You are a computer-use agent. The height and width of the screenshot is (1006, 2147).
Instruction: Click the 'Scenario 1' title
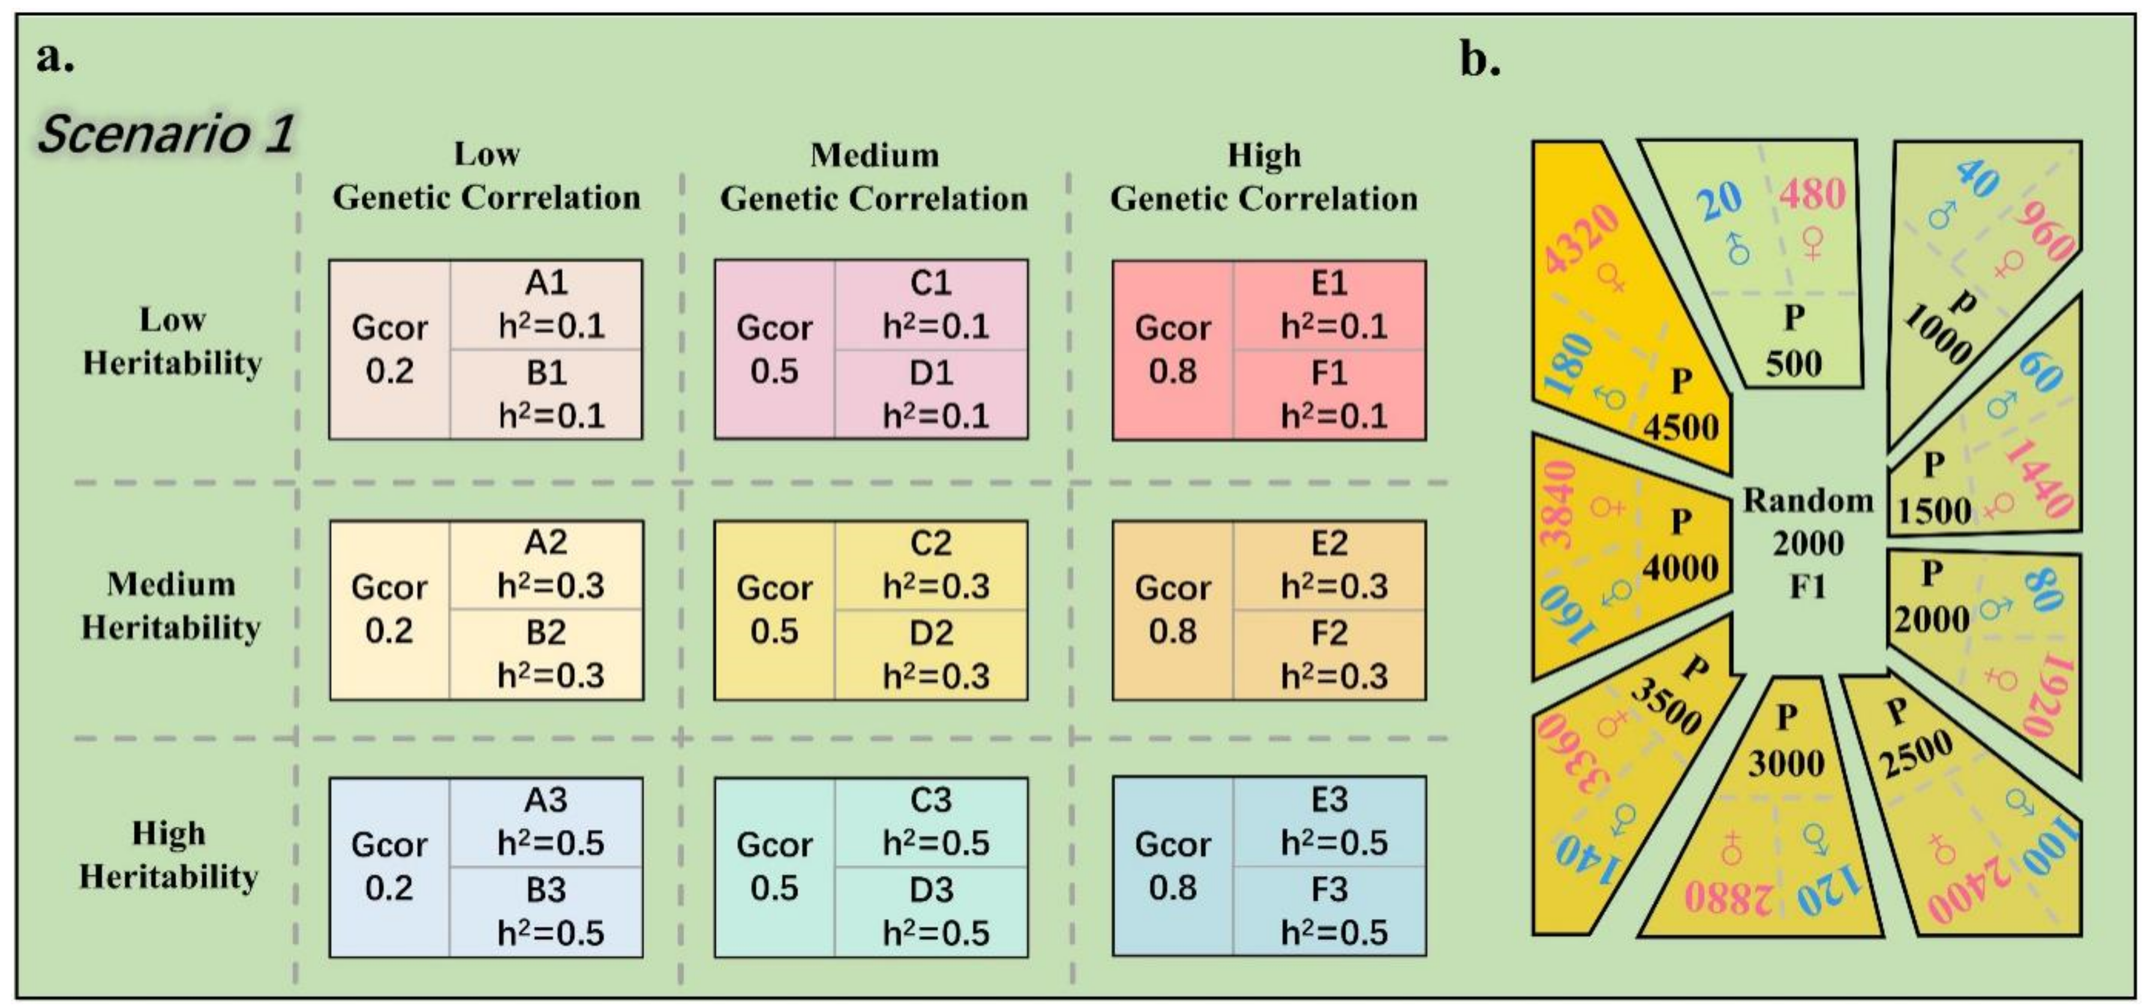click(165, 133)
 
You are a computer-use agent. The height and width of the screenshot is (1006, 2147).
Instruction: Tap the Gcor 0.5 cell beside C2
click(774, 609)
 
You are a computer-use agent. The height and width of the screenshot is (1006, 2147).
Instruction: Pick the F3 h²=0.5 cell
click(1330, 911)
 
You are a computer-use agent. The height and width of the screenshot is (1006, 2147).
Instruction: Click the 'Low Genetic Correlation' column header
click(487, 176)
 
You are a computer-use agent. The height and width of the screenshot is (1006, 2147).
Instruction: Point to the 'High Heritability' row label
click(169, 854)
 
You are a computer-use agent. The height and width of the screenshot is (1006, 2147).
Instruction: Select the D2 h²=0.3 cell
click(932, 654)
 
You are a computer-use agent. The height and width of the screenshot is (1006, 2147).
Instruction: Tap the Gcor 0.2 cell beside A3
click(389, 866)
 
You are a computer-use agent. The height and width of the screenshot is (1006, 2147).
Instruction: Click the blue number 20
click(1719, 201)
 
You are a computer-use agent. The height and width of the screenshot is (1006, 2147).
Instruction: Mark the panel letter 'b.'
click(1481, 60)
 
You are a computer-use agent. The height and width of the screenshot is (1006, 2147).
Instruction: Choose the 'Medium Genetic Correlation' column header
click(874, 177)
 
